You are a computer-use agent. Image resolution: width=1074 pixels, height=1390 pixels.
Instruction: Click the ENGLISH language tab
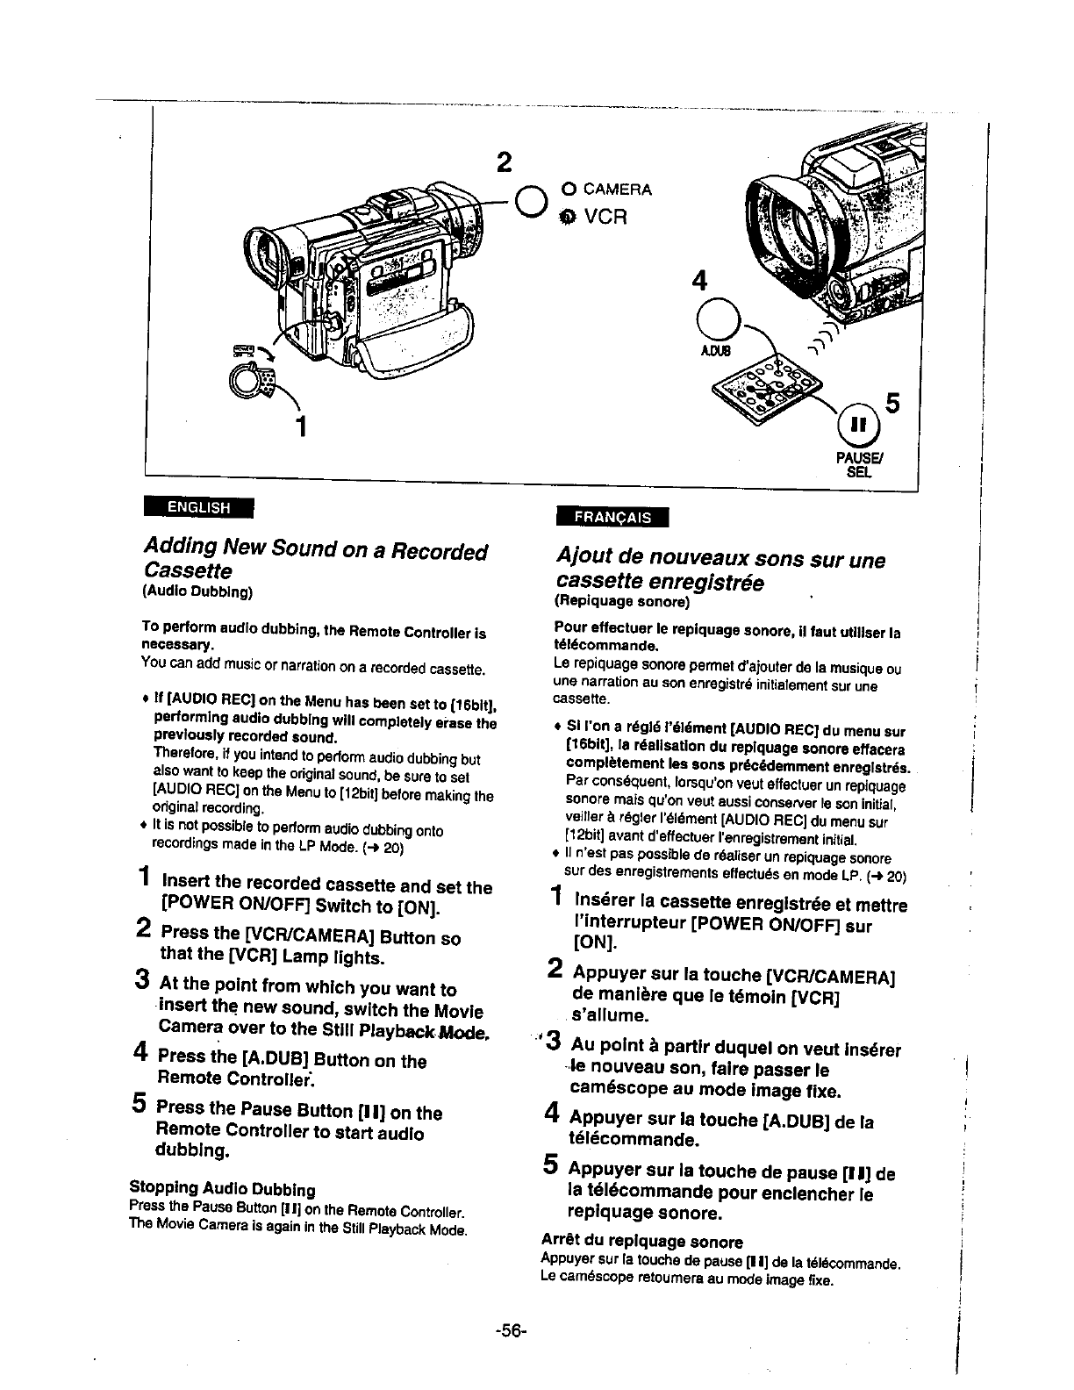tap(198, 507)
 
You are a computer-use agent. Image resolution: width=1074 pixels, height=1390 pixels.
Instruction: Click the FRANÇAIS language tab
tap(612, 518)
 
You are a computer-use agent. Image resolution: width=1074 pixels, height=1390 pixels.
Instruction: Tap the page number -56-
tap(510, 1331)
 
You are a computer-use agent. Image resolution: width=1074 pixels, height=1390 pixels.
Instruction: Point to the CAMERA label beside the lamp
tap(617, 189)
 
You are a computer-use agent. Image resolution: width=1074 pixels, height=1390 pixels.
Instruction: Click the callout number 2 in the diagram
tap(503, 163)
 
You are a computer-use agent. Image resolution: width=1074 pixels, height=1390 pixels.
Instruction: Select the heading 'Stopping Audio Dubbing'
tap(222, 1190)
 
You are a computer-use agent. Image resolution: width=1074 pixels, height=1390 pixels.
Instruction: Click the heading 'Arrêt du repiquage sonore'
tap(642, 1241)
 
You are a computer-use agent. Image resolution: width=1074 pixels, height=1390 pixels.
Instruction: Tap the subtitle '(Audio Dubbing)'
tap(197, 591)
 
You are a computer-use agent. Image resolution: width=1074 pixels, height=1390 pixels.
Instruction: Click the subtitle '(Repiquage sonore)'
tap(622, 603)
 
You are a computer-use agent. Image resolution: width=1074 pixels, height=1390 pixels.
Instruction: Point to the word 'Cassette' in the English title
tap(188, 571)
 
